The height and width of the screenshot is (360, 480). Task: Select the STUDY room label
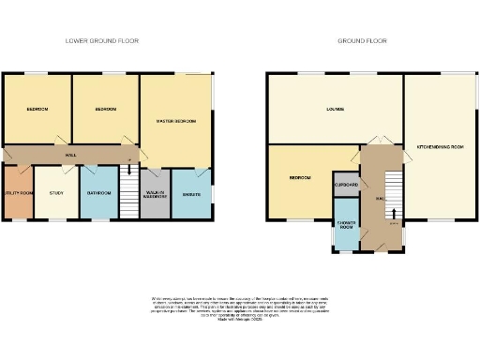pos(56,192)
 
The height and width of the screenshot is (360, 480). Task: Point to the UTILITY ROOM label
pos(17,192)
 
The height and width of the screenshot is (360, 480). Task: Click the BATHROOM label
pos(98,192)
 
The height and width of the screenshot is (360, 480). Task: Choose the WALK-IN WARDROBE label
pos(156,195)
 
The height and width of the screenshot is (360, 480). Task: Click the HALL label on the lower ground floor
pos(70,155)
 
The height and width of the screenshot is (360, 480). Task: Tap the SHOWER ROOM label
pos(346,226)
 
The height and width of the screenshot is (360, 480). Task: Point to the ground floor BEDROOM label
pos(299,177)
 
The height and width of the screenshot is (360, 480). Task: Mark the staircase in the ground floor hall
pos(392,192)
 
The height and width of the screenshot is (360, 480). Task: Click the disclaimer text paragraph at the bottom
pos(239,310)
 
